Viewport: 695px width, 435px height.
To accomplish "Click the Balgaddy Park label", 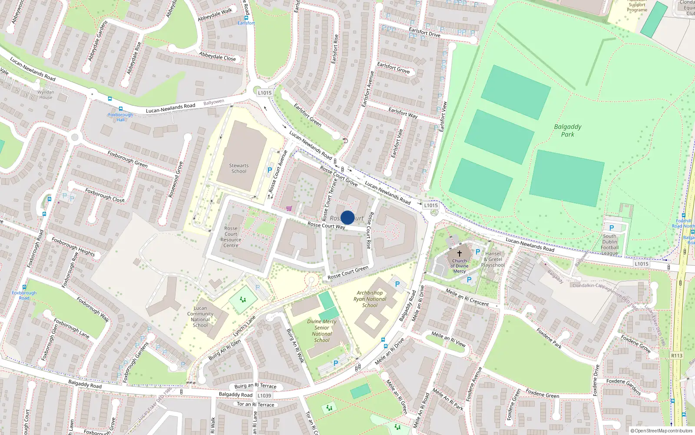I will coord(567,130).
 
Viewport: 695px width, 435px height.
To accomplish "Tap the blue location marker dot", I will coord(347,217).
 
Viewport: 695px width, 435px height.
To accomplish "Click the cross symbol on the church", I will coord(459,253).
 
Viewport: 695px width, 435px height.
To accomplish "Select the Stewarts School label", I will coord(238,168).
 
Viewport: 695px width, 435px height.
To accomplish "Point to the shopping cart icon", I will coord(289,209).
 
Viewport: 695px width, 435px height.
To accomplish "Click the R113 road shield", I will coord(677,355).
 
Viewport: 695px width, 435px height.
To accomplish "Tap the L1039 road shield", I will coord(264,395).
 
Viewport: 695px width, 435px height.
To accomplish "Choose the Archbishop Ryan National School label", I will coord(370,299).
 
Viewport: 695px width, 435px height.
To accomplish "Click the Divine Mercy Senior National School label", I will coord(322,331).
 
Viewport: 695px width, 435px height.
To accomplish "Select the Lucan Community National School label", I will coord(200,317).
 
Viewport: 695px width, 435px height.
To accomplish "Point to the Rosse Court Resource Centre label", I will coord(231,237).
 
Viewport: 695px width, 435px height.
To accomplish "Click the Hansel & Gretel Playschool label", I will coord(493,259).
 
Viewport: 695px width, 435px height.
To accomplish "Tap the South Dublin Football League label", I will coord(609,245).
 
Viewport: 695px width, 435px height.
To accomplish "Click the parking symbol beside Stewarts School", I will coord(270,170).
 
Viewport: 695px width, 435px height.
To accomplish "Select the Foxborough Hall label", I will coord(120,117).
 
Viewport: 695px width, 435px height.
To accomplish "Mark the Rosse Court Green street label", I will coord(348,273).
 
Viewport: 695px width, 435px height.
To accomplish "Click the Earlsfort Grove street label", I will coord(393,67).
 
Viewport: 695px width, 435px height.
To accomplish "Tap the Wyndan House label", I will coord(46,94).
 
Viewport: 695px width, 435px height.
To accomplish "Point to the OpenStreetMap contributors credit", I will coord(662,431).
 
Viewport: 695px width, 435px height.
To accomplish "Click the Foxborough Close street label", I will coord(105,195).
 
